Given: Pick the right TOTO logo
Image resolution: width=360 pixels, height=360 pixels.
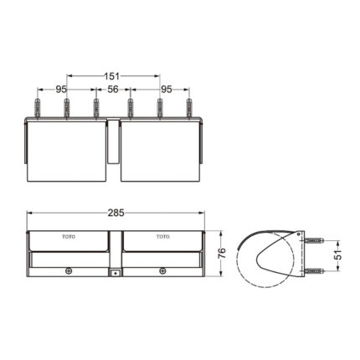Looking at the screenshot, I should [162, 237].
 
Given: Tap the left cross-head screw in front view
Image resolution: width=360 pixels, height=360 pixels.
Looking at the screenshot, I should [69, 270].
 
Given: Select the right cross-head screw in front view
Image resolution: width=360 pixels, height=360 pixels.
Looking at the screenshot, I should [162, 270].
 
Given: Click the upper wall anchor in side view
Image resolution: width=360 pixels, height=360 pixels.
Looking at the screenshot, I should [311, 240].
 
